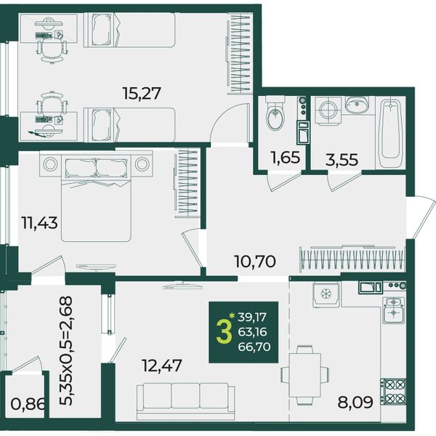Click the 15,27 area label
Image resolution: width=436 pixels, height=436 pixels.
[x=142, y=93]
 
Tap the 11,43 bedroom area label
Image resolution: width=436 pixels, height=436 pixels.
[x=40, y=223]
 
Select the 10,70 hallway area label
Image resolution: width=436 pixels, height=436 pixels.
[x=255, y=262]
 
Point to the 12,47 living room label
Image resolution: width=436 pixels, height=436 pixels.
[x=161, y=366]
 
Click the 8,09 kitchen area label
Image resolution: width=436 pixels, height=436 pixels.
[x=355, y=402]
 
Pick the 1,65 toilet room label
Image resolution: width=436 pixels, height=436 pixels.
[x=286, y=158]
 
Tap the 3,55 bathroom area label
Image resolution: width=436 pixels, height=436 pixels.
[x=342, y=160]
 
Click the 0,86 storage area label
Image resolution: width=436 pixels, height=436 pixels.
[x=28, y=404]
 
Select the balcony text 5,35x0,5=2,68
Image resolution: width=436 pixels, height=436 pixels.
[x=66, y=351]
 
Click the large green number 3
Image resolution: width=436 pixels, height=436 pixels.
[x=224, y=331]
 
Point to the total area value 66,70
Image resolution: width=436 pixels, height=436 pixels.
[x=254, y=347]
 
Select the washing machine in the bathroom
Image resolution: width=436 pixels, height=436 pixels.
[x=328, y=110]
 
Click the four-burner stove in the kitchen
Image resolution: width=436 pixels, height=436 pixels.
[x=393, y=392]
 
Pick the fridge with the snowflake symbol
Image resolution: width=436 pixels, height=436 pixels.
[x=326, y=294]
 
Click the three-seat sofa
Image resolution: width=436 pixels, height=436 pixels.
[x=186, y=400]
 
